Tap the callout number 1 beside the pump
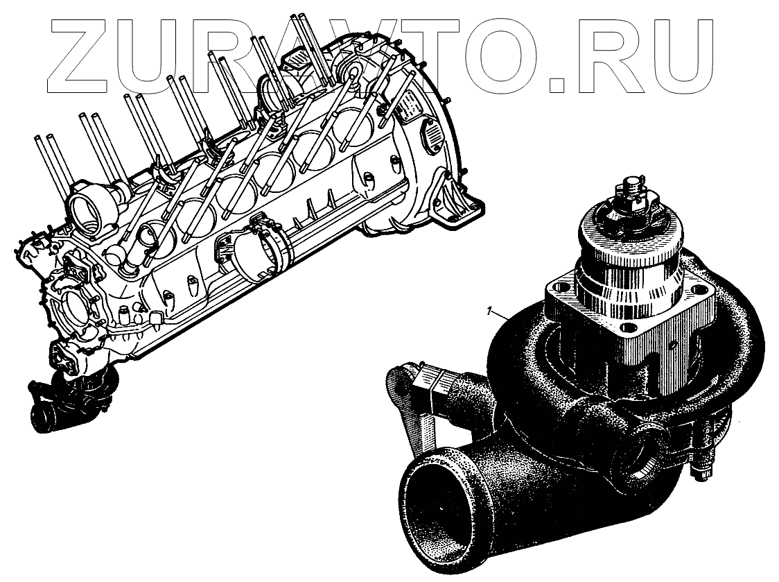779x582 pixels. (x=490, y=311)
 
